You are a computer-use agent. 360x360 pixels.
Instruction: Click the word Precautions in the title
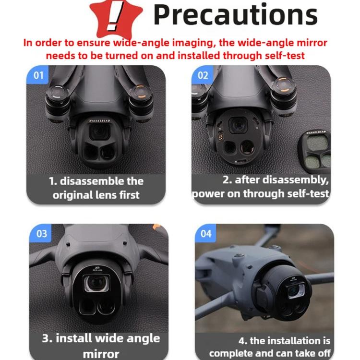(235, 15)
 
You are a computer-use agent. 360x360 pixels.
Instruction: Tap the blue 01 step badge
(39, 75)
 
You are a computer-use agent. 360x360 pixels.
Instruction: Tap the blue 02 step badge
(203, 75)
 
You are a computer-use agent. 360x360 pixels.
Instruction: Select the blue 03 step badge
(42, 234)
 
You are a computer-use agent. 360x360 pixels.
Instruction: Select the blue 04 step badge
(206, 234)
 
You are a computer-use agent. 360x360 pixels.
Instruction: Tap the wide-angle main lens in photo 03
(98, 285)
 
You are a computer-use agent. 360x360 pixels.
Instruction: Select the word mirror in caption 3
(101, 354)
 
